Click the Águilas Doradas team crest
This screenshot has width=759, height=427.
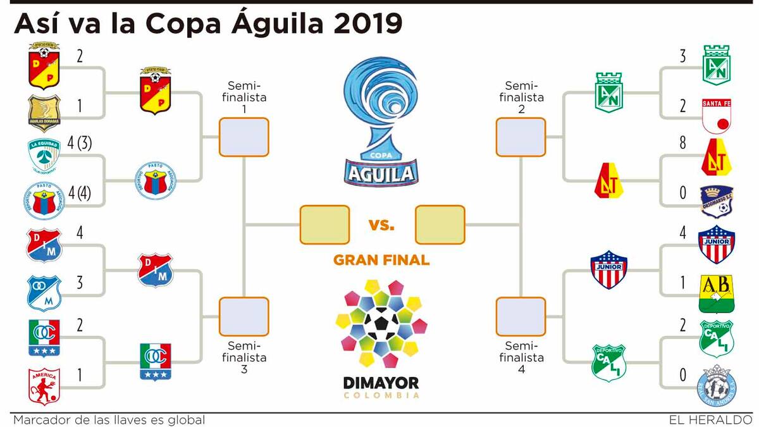coord(44,114)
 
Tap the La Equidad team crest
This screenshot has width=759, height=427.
coord(44,156)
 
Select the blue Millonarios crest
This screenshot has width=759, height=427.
coord(44,292)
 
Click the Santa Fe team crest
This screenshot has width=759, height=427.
coord(716,115)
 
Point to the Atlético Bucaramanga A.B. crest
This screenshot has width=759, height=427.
coord(716,294)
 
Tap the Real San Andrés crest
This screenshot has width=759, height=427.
coord(716,385)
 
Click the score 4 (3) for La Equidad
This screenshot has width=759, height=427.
coord(80,144)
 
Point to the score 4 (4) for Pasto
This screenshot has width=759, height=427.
coord(80,192)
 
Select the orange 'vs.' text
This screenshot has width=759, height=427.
coord(381,224)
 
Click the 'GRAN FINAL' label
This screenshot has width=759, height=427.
coord(381,260)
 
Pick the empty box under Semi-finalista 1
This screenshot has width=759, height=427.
coord(244,137)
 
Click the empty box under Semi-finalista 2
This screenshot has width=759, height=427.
coord(521,137)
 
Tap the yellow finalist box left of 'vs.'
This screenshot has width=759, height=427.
coord(324,225)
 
